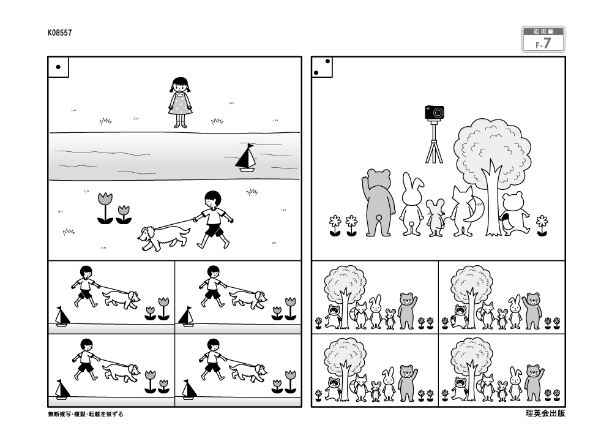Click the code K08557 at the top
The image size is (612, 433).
pyautogui.click(x=60, y=33)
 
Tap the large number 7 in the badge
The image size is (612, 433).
pyautogui.click(x=548, y=43)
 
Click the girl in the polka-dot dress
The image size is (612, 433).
pyautogui.click(x=180, y=102)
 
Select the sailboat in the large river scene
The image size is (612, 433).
pyautogui.click(x=246, y=158)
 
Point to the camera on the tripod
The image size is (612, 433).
pyautogui.click(x=435, y=113)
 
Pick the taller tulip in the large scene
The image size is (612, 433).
pyautogui.click(x=105, y=208)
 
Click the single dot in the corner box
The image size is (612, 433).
pyautogui.click(x=58, y=67)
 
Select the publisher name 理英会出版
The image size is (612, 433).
pyautogui.click(x=545, y=413)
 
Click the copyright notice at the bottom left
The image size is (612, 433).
pyautogui.click(x=86, y=414)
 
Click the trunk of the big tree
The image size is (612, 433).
pyautogui.click(x=493, y=207)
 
